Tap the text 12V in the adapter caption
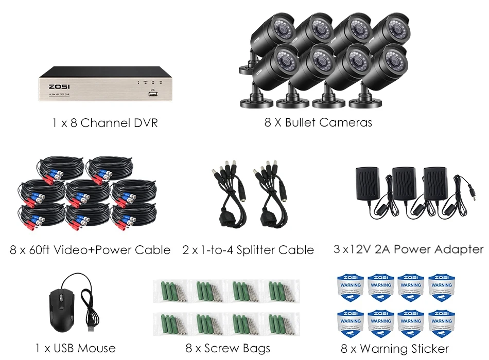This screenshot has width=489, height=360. pos(360,249)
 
